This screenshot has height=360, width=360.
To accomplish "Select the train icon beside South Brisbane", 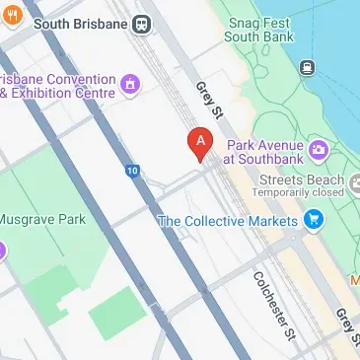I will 142,23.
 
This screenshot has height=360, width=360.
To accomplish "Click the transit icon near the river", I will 306,68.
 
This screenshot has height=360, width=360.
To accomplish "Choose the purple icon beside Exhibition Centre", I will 129,86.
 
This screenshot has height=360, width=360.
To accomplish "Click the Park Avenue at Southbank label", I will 261,150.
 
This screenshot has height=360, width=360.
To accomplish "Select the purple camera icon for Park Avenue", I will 318,150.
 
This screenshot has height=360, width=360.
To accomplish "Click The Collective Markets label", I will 227,221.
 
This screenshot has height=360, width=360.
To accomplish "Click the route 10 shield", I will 131,171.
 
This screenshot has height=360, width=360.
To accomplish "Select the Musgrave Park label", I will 41,219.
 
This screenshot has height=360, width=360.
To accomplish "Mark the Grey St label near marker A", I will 207,99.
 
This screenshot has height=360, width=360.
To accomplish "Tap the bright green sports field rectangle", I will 123,313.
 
